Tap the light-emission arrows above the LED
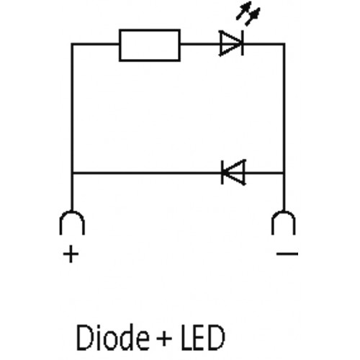pyautogui.click(x=248, y=14)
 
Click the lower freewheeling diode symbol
pyautogui.click(x=233, y=172)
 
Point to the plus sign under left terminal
pyautogui.click(x=71, y=254)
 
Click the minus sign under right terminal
pyautogui.click(x=287, y=253)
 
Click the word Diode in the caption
pyautogui.click(x=112, y=337)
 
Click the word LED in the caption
pyautogui.click(x=202, y=337)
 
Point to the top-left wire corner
pyautogui.click(x=72, y=44)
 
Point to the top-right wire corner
pyautogui.click(x=284, y=44)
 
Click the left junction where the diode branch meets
pyautogui.click(x=72, y=173)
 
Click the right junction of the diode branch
pyautogui.click(x=284, y=173)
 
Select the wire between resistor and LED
pyautogui.click(x=200, y=44)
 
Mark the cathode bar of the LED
pyautogui.click(x=243, y=43)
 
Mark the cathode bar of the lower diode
pyautogui.click(x=222, y=172)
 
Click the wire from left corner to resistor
pyautogui.click(x=96, y=44)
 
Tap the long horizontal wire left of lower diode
pyautogui.click(x=146, y=173)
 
